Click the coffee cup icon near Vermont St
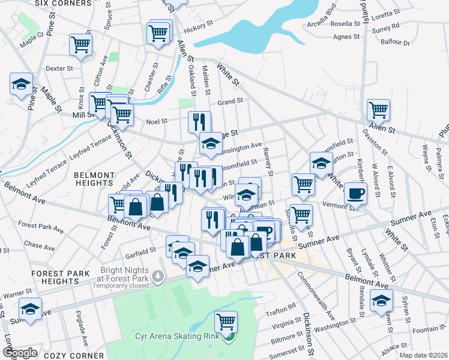(x=355, y=194)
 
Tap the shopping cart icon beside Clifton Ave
(x=80, y=44)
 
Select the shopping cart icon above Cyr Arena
(x=226, y=321)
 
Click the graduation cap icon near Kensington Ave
(x=211, y=143)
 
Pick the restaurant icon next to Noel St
(x=199, y=122)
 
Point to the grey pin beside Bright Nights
(x=157, y=277)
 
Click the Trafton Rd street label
(x=282, y=307)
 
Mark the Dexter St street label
(x=59, y=68)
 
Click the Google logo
(x=19, y=353)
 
